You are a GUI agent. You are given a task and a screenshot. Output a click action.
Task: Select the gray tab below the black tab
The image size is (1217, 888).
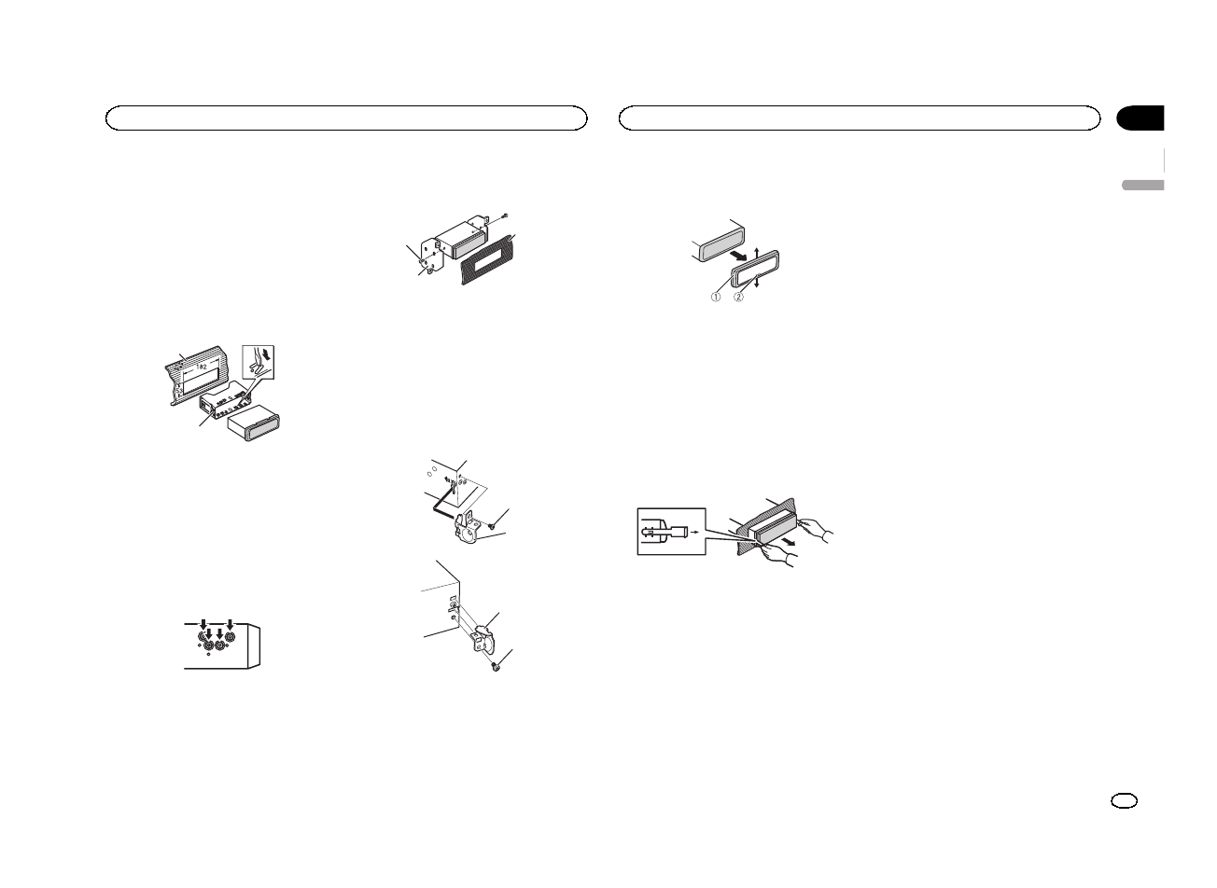(1142, 185)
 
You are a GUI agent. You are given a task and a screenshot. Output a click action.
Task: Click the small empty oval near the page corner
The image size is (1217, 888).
(1126, 801)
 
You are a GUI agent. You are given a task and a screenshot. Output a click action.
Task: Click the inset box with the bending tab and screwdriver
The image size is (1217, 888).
(262, 365)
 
